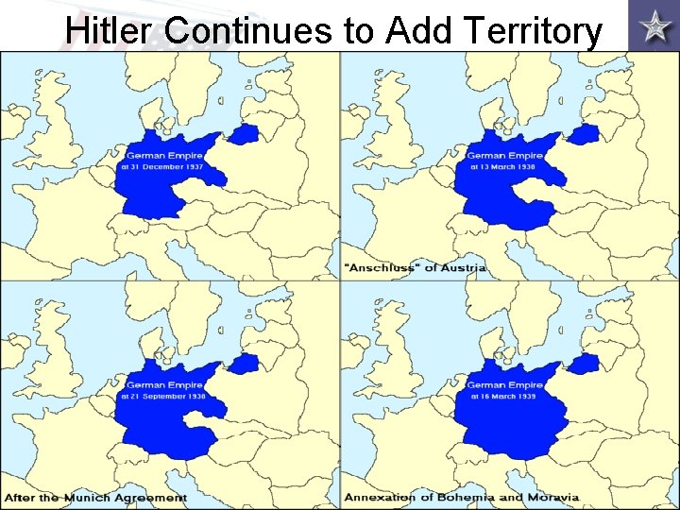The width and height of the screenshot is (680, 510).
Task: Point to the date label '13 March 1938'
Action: coord(504,166)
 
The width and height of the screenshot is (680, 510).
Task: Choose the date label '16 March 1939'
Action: coord(504,397)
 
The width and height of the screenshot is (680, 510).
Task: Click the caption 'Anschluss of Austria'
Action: coord(416,267)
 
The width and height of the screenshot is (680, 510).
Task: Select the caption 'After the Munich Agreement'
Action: coord(94,497)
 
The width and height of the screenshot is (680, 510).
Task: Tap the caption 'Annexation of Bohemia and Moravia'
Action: coord(461,497)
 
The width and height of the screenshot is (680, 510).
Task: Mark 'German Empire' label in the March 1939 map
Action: coord(504,385)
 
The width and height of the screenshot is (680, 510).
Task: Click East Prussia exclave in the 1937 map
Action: coord(245,133)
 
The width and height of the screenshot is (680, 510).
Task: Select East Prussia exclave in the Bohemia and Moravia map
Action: coord(585,364)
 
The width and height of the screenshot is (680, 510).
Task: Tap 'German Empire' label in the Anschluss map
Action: coord(504,155)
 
